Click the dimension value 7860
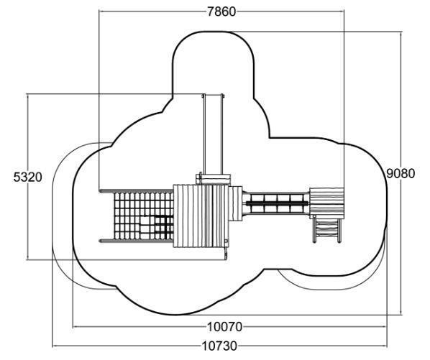tap(221, 11)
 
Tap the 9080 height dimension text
tap(401, 173)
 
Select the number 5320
tap(28, 177)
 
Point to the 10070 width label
tap(224, 327)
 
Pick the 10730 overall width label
tap(219, 346)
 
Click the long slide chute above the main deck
tap(213, 134)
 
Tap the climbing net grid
tap(143, 216)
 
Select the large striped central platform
tap(201, 216)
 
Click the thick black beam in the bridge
tap(278, 203)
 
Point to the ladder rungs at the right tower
tap(327, 231)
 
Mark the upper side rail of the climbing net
tap(136, 190)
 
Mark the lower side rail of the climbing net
tap(136, 241)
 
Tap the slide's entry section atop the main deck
tap(214, 179)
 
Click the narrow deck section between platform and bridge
tap(236, 203)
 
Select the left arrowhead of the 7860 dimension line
tap(101, 11)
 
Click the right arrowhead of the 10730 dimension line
tap(385, 346)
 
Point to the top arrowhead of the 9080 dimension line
tap(401, 34)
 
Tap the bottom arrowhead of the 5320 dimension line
tap(27, 257)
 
